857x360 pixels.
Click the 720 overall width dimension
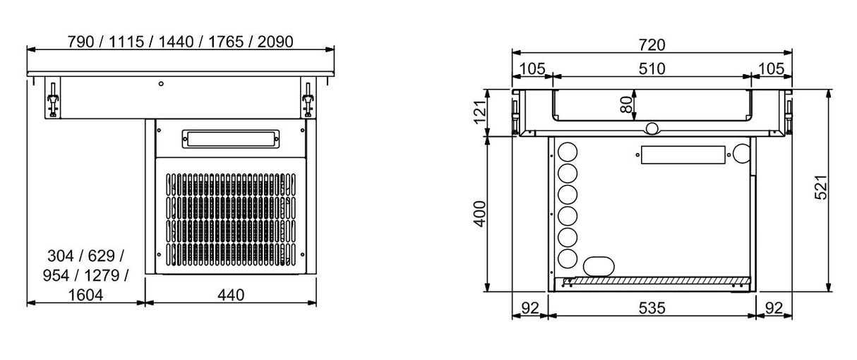[652, 45]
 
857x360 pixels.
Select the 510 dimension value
[652, 68]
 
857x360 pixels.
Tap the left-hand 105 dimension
[532, 68]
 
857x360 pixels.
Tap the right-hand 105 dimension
[772, 68]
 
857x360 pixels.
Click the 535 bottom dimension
[652, 308]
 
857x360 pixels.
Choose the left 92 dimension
[530, 308]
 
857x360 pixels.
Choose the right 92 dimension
[774, 308]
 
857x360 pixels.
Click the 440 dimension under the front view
[231, 295]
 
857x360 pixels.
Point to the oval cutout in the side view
[599, 265]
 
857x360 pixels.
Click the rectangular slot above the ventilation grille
[231, 138]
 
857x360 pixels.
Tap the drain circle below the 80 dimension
[652, 128]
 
